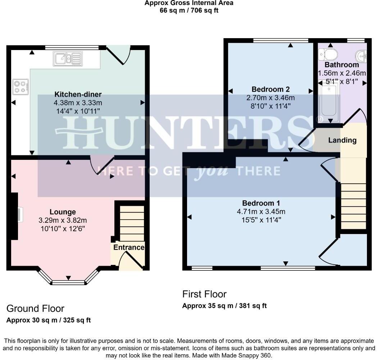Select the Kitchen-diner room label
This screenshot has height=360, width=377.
click(x=78, y=95)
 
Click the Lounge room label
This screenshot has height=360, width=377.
click(x=63, y=212)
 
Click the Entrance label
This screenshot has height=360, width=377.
click(x=129, y=248)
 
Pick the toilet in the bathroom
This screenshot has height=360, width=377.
click(x=328, y=54)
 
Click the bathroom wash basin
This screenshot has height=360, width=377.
click(x=362, y=56)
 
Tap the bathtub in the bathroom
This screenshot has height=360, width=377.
click(x=328, y=101)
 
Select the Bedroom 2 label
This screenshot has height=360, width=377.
click(x=271, y=89)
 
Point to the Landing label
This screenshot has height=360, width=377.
click(x=342, y=140)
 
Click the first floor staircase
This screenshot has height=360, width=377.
click(x=353, y=205)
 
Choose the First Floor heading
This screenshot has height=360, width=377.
click(x=204, y=294)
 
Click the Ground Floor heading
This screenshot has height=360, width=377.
click(x=35, y=309)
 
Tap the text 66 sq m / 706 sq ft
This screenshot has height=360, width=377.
click(x=189, y=10)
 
